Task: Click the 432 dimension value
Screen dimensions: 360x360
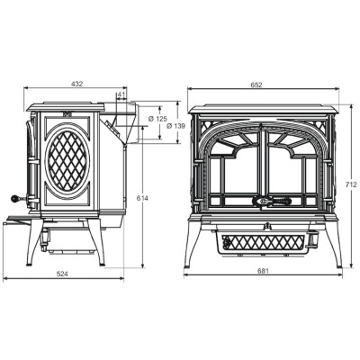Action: pos(76,84)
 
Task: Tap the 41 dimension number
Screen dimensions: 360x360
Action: pos(121,94)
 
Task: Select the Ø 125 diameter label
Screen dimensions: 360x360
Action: pos(157,119)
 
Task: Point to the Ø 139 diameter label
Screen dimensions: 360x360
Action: pos(175,126)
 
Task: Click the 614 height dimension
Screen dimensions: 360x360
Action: pos(142,198)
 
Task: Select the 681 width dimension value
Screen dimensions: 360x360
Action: pos(263,271)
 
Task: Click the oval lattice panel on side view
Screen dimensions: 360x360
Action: pos(67,161)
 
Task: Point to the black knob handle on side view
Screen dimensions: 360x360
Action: pos(14,198)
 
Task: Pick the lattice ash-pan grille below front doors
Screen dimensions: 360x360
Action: pos(263,242)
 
